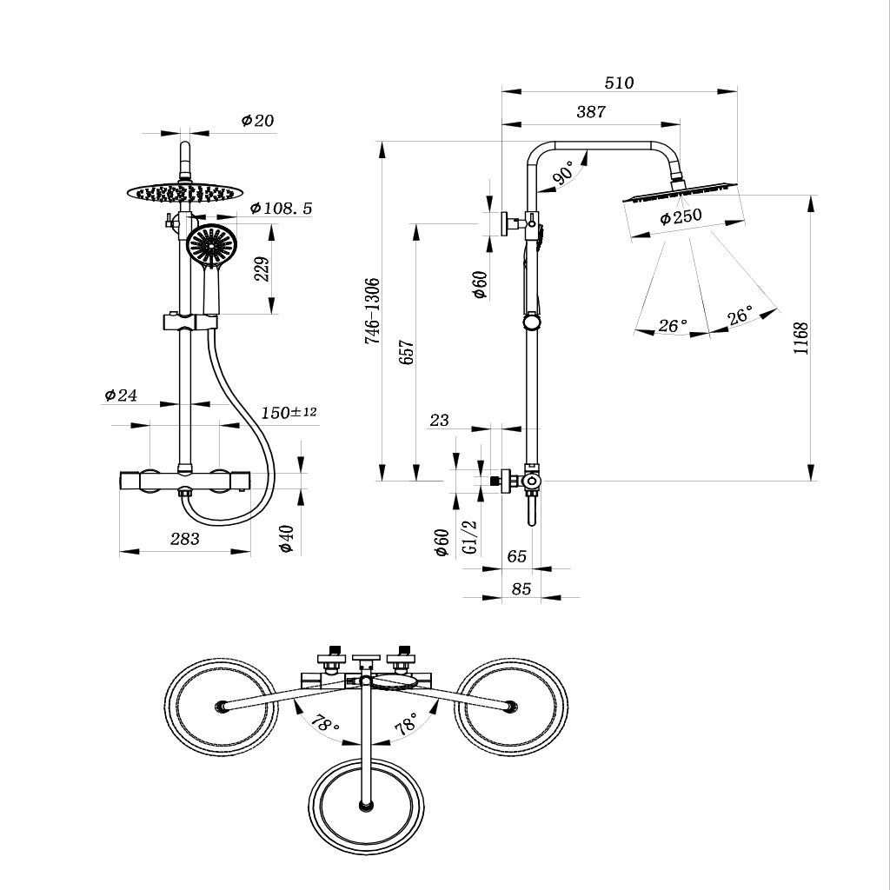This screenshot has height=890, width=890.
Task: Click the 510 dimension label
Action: (x=619, y=83)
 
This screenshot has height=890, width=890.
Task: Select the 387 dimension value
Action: (x=591, y=112)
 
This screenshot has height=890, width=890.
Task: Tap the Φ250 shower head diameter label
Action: (x=681, y=216)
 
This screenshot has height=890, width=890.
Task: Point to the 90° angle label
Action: (x=565, y=172)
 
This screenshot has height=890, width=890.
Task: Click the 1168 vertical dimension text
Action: (x=800, y=338)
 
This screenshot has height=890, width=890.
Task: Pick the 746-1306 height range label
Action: (x=372, y=311)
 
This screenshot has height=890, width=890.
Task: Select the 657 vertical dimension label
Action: (x=407, y=352)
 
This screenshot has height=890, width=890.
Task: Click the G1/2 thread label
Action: (x=470, y=537)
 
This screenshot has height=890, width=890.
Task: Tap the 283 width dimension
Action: (x=185, y=539)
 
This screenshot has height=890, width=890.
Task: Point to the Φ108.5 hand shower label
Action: (x=281, y=209)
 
